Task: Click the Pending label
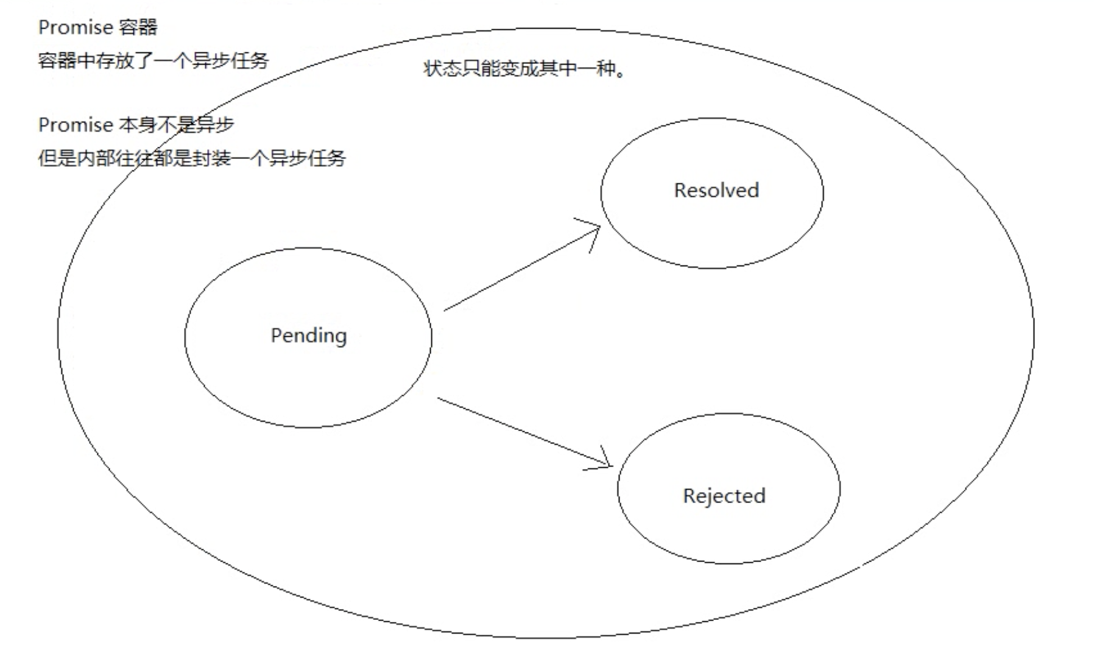308,336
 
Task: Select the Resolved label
716,190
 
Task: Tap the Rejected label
724,496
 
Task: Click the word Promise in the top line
76,27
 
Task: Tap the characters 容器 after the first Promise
139,27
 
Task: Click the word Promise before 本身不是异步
76,125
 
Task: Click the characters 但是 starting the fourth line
57,158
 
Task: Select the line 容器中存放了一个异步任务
153,60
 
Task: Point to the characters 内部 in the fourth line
95,158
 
